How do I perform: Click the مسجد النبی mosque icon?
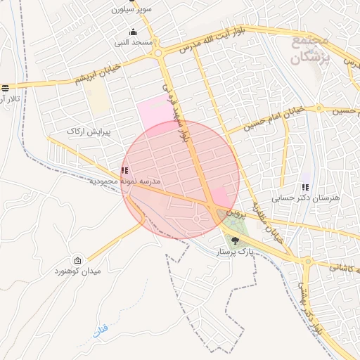(x=134, y=32)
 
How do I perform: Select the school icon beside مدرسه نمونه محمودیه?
(x=125, y=170)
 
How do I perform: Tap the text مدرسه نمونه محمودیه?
(x=124, y=181)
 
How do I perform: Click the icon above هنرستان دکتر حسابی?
(x=305, y=187)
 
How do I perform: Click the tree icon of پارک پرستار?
(x=235, y=240)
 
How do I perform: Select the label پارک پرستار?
(x=234, y=251)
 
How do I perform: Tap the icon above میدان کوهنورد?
(x=77, y=260)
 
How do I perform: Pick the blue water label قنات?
(x=101, y=329)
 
